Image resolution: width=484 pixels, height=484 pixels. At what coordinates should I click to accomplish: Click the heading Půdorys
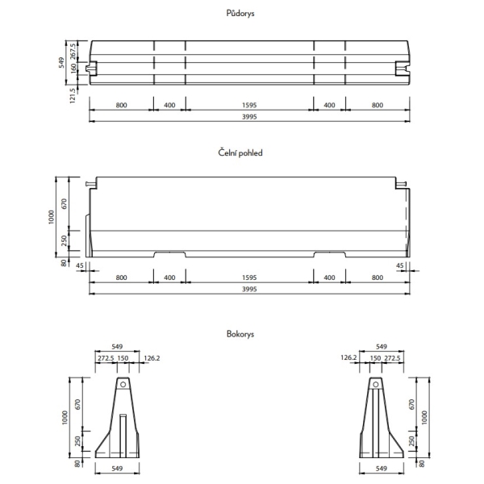pyautogui.click(x=240, y=13)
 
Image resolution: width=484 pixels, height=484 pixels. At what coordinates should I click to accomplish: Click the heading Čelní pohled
pyautogui.click(x=240, y=152)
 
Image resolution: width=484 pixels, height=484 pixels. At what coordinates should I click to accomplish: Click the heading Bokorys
pyautogui.click(x=240, y=334)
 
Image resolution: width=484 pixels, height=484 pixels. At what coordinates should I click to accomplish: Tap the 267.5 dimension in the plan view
pyautogui.click(x=73, y=52)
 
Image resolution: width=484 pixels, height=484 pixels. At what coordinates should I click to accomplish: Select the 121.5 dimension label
pyautogui.click(x=73, y=95)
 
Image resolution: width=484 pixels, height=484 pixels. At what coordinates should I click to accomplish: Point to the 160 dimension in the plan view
pyautogui.click(x=73, y=69)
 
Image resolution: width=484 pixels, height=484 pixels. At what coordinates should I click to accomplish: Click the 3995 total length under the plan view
pyautogui.click(x=249, y=117)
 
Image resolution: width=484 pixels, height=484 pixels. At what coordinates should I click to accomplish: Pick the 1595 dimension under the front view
pyautogui.click(x=249, y=277)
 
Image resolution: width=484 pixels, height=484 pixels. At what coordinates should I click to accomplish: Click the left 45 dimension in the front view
pyautogui.click(x=80, y=265)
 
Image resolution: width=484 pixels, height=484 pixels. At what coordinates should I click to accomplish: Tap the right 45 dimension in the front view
pyautogui.click(x=400, y=265)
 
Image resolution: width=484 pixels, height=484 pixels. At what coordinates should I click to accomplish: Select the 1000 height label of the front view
pyautogui.click(x=52, y=217)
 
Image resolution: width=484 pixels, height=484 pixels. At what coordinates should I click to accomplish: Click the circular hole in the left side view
pyautogui.click(x=123, y=384)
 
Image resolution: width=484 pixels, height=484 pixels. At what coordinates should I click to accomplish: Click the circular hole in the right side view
pyautogui.click(x=376, y=384)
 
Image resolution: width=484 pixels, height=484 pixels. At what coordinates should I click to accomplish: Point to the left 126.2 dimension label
pyautogui.click(x=152, y=358)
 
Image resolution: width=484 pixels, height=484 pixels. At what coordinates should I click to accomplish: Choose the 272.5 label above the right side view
pyautogui.click(x=392, y=358)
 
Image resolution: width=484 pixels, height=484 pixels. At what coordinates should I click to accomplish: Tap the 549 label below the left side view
pyautogui.click(x=117, y=469)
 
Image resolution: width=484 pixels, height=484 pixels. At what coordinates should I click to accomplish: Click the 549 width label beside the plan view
pyautogui.click(x=61, y=63)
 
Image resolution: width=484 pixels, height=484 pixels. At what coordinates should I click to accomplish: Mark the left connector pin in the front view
pyautogui.click(x=91, y=184)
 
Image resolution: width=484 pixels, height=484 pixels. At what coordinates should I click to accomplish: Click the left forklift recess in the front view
pyautogui.click(x=169, y=254)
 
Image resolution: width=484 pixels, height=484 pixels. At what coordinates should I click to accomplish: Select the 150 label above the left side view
pyautogui.click(x=123, y=358)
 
